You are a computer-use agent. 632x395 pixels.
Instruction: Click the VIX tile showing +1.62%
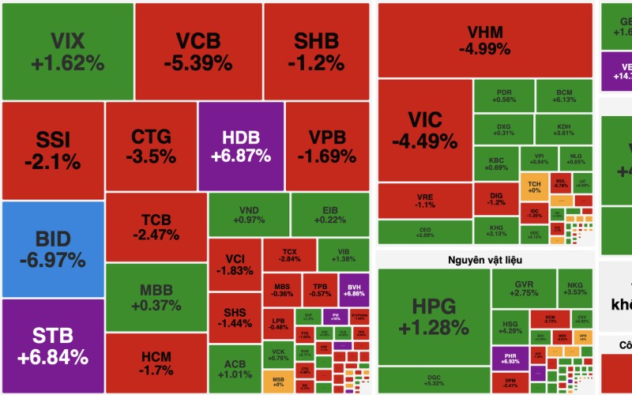(x=67, y=51)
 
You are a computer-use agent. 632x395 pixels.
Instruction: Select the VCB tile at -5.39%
(x=197, y=51)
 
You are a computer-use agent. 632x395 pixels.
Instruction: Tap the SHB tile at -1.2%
(x=316, y=51)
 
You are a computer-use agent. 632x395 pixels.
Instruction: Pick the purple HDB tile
(x=240, y=146)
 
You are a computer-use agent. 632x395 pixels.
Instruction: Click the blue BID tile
(x=53, y=249)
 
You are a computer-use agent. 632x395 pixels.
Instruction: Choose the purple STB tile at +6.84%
(x=53, y=346)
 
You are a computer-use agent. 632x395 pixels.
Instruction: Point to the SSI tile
(x=53, y=150)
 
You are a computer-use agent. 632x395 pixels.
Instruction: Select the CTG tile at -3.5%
(x=151, y=146)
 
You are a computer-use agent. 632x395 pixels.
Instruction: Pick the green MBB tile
(x=156, y=297)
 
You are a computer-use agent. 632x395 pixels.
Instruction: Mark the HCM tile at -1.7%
(x=156, y=363)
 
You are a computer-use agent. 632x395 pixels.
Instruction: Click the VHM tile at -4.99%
(x=484, y=39)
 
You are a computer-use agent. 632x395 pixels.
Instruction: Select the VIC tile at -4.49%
(x=424, y=130)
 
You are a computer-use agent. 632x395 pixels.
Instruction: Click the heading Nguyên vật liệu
(x=484, y=259)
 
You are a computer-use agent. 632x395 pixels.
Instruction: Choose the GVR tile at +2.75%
(x=524, y=288)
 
